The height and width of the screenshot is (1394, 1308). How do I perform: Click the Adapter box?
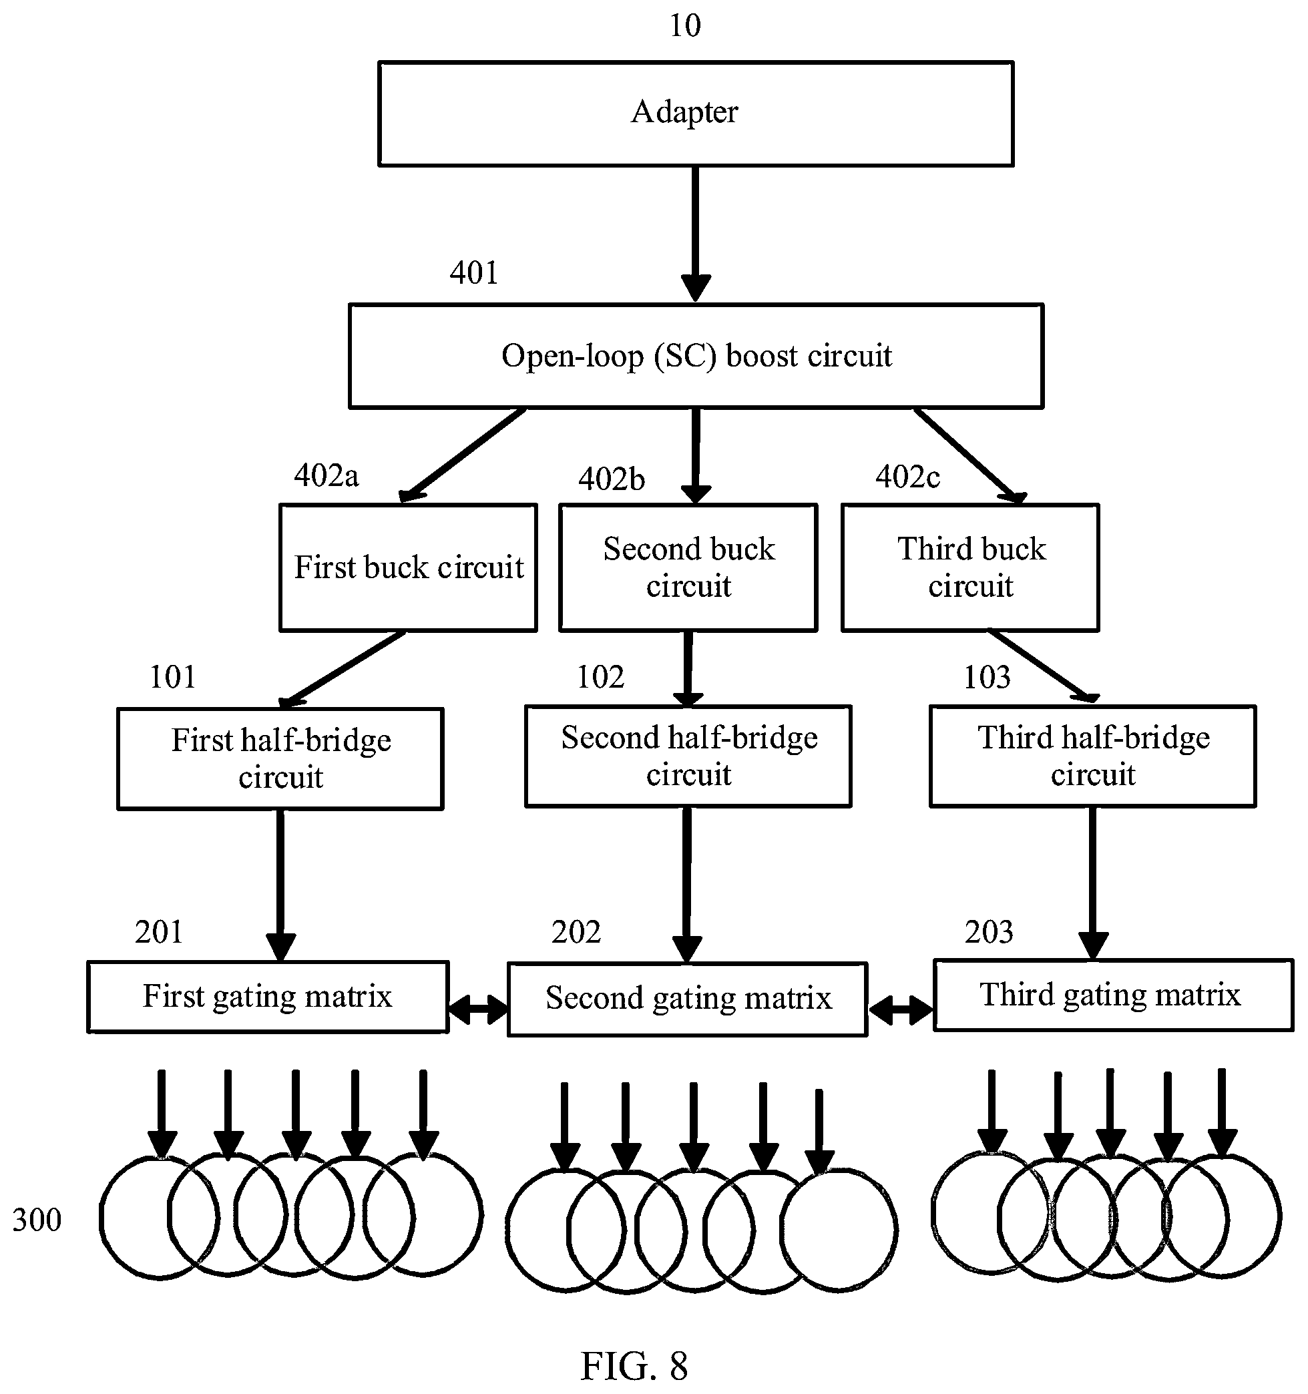[x=696, y=113]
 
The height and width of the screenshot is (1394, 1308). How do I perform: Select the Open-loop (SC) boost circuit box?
[x=696, y=356]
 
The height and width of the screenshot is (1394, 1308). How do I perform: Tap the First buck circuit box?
[x=408, y=567]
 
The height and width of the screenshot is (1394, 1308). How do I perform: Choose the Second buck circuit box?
[x=688, y=567]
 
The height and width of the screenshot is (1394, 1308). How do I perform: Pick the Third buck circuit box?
[x=970, y=567]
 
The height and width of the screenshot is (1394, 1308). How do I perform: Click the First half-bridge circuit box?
[x=280, y=758]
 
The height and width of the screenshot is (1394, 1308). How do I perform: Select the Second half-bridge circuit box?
[x=688, y=756]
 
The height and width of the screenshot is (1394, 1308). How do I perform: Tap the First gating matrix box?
[x=268, y=996]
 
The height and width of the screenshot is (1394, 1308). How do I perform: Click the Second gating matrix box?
[x=687, y=999]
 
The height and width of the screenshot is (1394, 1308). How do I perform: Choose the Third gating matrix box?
[x=1114, y=994]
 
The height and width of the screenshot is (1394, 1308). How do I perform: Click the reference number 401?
[x=474, y=273]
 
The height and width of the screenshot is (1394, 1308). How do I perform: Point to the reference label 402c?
[x=907, y=477]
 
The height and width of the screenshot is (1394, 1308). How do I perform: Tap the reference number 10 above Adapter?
[x=685, y=26]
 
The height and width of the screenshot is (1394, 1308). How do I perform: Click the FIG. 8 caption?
[x=634, y=1365]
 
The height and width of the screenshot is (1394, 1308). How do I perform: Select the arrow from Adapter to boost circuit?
[x=696, y=234]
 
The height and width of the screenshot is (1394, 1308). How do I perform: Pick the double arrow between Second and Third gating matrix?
[x=901, y=1010]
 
